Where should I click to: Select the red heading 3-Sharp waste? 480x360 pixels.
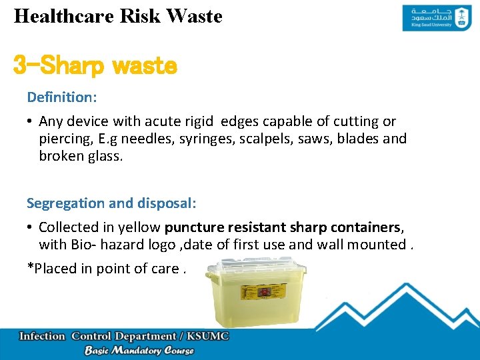tap(95, 66)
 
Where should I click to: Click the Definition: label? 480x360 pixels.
tap(62, 97)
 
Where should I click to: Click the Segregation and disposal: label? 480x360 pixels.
tap(111, 203)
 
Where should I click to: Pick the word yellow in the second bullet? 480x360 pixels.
tap(142, 227)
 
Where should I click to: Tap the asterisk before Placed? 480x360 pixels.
tap(30, 269)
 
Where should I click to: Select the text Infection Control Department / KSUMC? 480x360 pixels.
tap(124, 336)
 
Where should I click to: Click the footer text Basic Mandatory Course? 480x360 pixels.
tap(139, 351)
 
